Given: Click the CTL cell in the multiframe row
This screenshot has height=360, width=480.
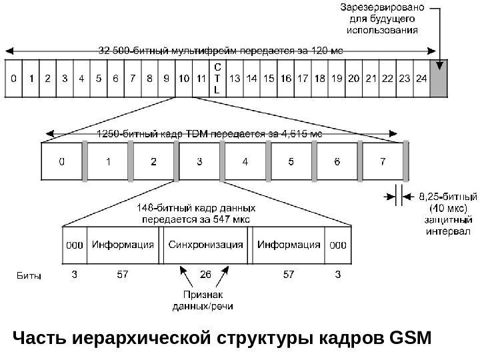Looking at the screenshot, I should (216, 78).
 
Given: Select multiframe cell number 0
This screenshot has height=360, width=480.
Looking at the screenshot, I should (14, 78).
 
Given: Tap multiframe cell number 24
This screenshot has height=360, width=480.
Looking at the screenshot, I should (421, 78).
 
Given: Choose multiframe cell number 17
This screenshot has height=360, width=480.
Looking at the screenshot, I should (302, 78).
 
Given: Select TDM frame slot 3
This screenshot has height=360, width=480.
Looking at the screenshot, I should (199, 161).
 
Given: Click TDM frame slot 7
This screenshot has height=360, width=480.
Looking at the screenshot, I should (382, 161).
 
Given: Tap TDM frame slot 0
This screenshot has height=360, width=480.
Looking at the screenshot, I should (62, 161).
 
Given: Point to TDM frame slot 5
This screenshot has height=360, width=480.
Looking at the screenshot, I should (291, 161).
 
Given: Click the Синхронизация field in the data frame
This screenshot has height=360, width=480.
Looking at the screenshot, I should (206, 245).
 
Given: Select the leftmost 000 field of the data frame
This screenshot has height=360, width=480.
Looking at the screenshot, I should (74, 245).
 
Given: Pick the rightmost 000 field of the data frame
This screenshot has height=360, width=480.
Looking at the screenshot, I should (338, 245).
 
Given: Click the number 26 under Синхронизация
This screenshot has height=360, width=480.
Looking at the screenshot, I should (206, 274).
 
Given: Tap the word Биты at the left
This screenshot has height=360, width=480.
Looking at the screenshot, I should (27, 275).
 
